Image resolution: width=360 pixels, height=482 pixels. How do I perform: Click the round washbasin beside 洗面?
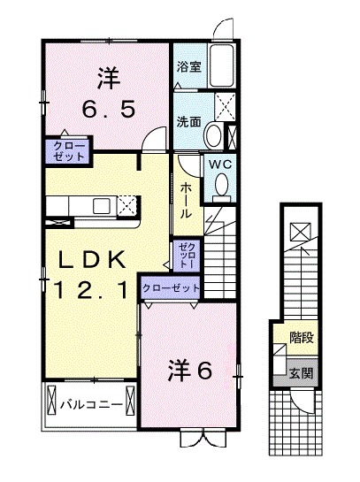[x=213, y=135]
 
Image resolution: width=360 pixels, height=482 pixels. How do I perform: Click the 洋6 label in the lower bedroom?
[x=189, y=371]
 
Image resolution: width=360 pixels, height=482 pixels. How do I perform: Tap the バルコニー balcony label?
[x=84, y=405]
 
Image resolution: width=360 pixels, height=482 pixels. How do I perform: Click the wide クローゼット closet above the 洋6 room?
[x=171, y=288]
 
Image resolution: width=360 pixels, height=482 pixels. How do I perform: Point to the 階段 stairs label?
[x=302, y=336]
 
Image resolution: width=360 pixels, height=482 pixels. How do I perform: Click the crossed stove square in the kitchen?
[x=127, y=205]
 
